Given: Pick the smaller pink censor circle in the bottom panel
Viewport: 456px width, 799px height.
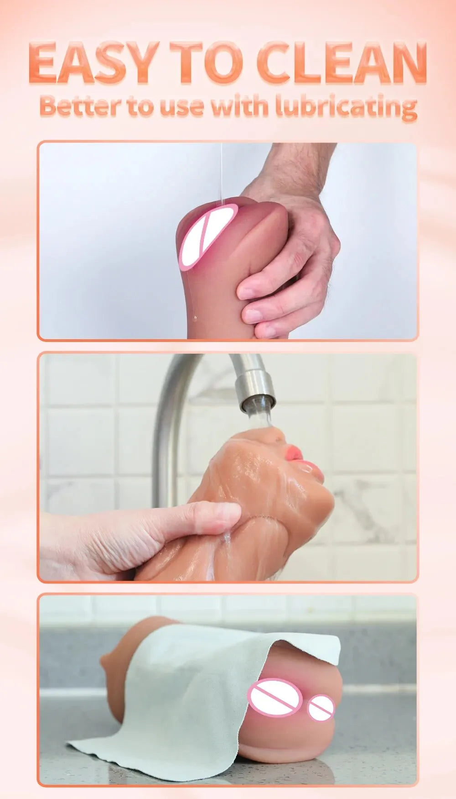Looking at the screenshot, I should click(321, 708).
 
